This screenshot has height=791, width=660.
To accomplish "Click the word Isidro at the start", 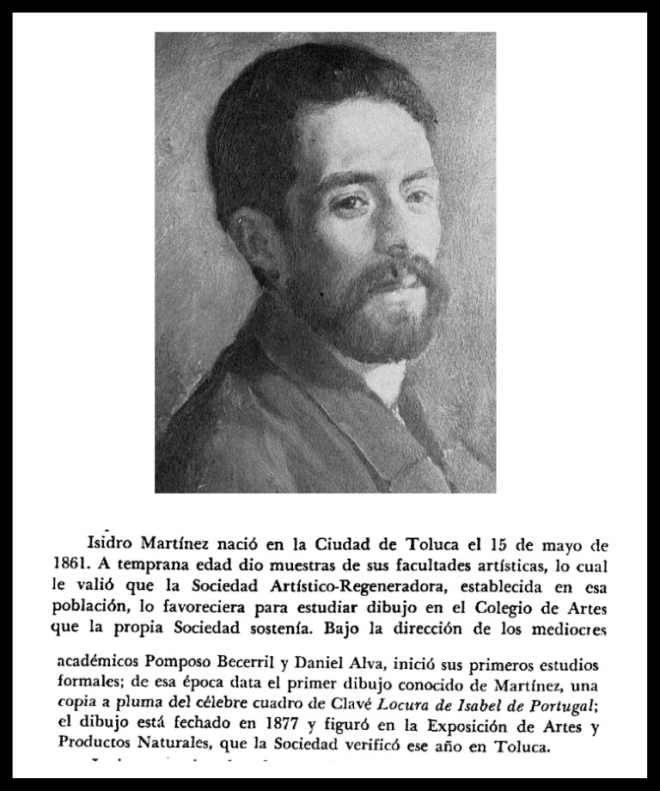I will pos(108,545).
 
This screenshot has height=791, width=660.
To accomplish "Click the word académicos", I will pos(91,666).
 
